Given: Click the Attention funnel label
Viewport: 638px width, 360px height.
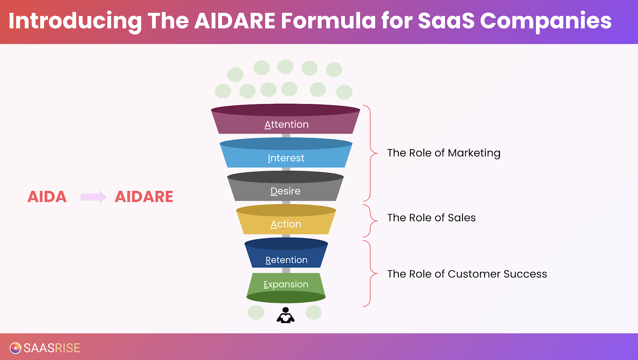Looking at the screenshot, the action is [x=286, y=124].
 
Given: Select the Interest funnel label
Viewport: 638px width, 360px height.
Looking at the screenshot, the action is [x=286, y=158].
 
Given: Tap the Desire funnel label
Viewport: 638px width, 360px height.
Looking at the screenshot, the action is [x=286, y=191].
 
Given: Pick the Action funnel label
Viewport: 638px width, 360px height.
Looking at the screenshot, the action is [x=286, y=224].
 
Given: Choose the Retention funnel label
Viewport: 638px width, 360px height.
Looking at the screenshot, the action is [x=286, y=260].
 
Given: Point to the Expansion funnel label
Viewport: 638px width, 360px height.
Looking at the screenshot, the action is [x=286, y=284].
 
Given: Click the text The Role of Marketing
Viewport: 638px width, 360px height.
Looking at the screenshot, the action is [x=444, y=153].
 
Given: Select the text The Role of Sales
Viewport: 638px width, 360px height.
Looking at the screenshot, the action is [x=431, y=218].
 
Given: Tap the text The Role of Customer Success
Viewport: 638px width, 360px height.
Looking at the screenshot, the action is [x=467, y=274].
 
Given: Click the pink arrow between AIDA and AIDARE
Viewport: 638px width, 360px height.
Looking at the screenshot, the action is [x=93, y=197].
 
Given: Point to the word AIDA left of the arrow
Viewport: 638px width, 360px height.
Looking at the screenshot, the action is [x=47, y=197].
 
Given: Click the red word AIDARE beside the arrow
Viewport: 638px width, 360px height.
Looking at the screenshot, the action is [x=144, y=197].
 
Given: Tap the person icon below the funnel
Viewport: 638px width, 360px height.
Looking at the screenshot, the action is [x=286, y=315].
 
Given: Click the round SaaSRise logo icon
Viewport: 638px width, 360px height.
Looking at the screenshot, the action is [x=16, y=348].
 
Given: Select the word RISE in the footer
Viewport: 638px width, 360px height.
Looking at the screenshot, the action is [x=67, y=348].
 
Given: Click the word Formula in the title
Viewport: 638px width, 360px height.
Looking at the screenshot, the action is [x=328, y=20].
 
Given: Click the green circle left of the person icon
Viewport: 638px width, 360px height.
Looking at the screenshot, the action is [x=256, y=313].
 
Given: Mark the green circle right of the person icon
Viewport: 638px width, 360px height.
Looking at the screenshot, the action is [x=313, y=313].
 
